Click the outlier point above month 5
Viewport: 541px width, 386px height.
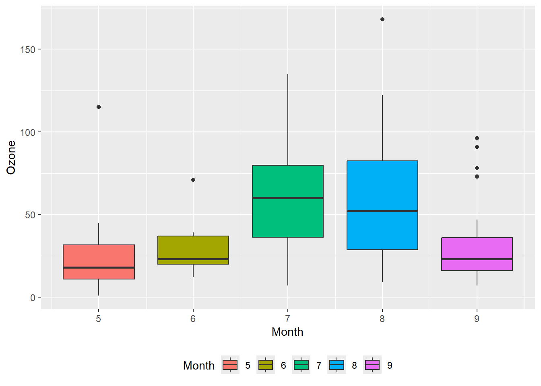(x=99, y=107)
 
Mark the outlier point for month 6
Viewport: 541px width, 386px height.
(x=193, y=180)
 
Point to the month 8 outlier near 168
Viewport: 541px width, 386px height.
(x=382, y=19)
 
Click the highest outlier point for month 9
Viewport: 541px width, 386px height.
(x=477, y=138)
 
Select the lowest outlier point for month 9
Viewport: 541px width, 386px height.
(x=477, y=177)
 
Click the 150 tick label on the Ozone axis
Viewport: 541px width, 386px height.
(x=28, y=49)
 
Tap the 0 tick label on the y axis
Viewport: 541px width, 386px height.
(x=33, y=298)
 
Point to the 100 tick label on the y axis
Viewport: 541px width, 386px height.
(x=28, y=132)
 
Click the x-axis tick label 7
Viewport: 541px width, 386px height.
(x=287, y=319)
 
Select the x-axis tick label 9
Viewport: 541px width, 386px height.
(x=477, y=319)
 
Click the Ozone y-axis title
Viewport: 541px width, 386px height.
(x=11, y=157)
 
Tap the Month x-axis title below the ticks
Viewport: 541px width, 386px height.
(x=287, y=332)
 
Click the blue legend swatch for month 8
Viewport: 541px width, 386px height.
(x=337, y=365)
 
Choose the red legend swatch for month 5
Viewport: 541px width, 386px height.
(x=230, y=365)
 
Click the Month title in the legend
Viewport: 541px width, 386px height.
(x=199, y=365)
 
